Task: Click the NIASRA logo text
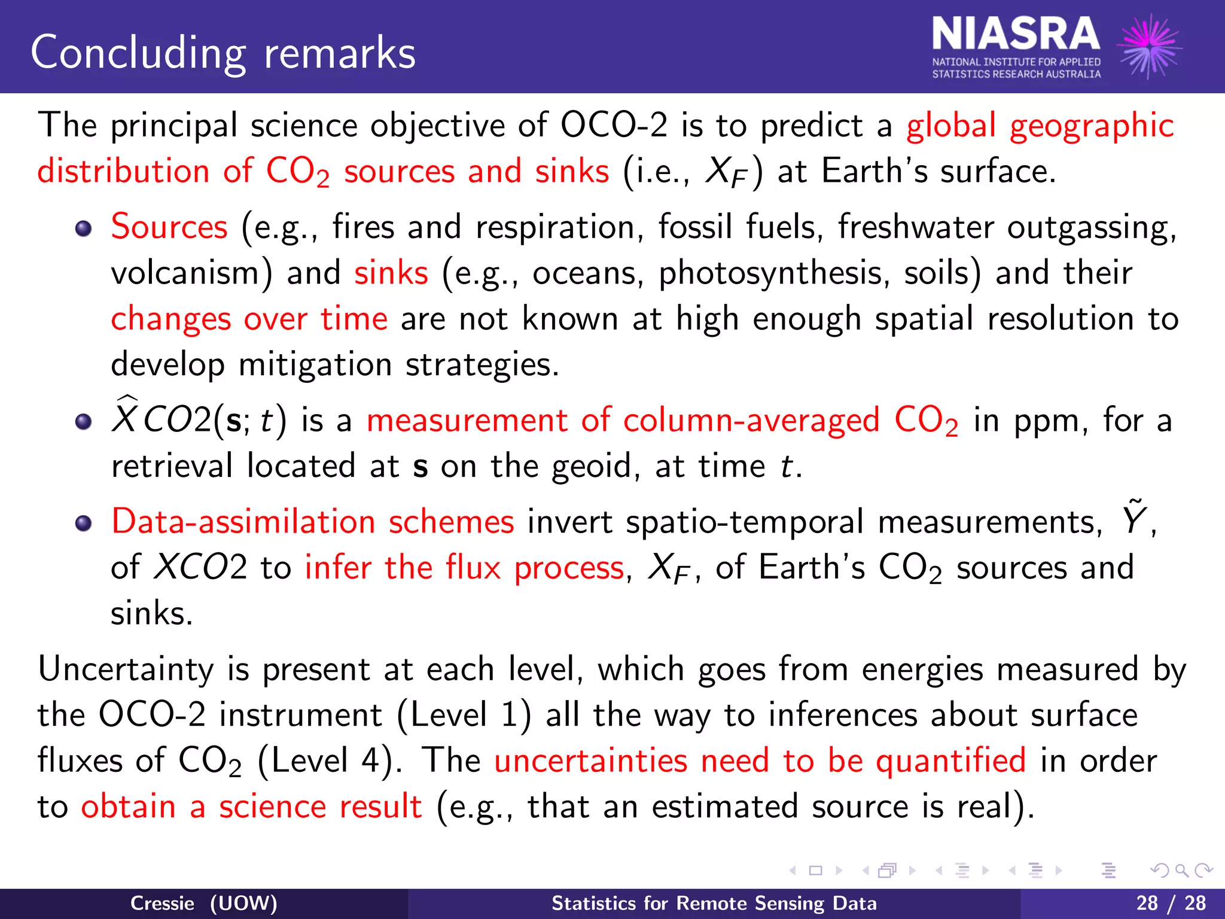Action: click(x=1016, y=35)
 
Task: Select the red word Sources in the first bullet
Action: click(x=169, y=227)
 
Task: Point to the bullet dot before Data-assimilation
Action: click(x=84, y=523)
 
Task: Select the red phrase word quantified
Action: click(x=950, y=761)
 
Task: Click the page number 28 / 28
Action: click(x=1171, y=903)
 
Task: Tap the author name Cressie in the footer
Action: click(x=162, y=903)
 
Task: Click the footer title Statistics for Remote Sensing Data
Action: click(x=714, y=903)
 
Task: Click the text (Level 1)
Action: click(x=464, y=715)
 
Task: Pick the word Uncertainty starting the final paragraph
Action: click(x=126, y=669)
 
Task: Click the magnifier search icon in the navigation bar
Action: click(x=1181, y=871)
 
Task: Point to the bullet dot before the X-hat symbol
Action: click(x=84, y=421)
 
